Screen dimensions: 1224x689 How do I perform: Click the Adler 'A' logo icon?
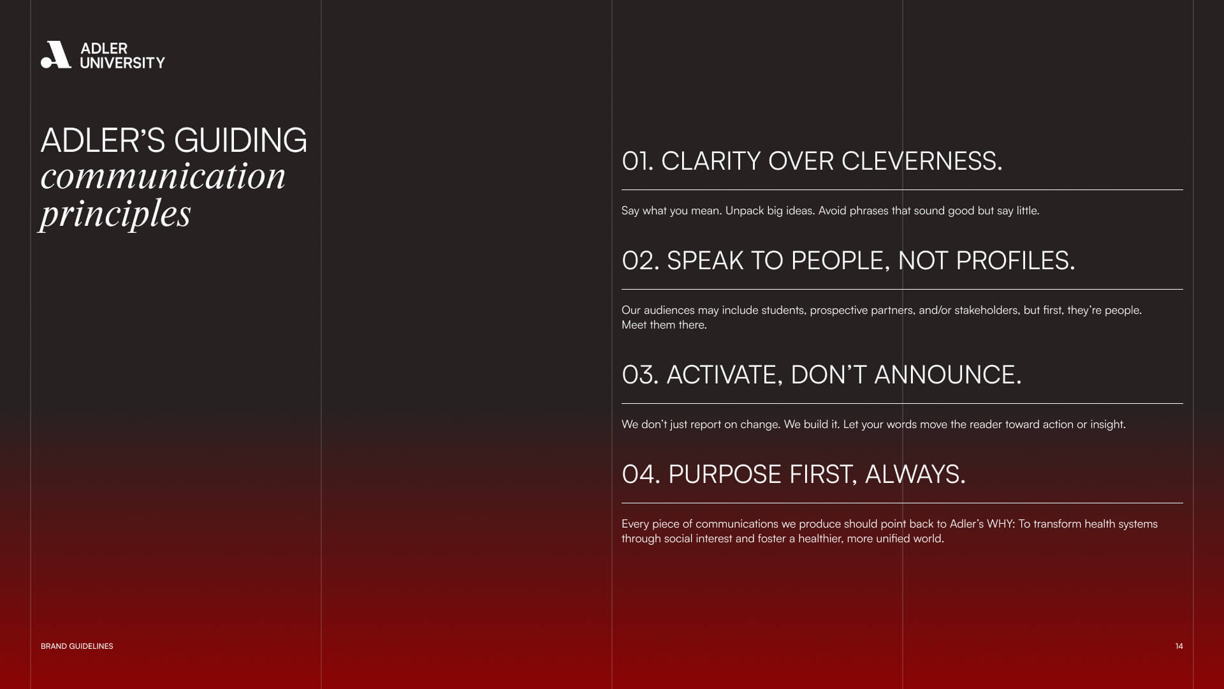tap(55, 55)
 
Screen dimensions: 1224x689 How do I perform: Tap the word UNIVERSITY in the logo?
tap(122, 63)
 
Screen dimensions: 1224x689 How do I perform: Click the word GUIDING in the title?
tap(240, 140)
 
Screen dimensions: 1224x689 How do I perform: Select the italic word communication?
tap(163, 176)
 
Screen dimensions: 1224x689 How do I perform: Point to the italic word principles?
tap(115, 214)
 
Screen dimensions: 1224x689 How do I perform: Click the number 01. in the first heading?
tap(637, 161)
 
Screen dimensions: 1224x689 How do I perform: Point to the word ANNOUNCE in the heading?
tap(944, 375)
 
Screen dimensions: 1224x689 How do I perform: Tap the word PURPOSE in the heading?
tap(725, 475)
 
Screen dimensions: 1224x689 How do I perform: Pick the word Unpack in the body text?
tap(745, 211)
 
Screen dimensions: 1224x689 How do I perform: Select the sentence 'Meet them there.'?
tap(664, 325)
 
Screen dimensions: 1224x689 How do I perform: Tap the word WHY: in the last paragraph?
tap(1001, 524)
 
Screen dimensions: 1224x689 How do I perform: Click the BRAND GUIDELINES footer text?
tap(77, 646)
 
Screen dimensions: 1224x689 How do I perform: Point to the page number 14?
tap(1179, 646)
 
